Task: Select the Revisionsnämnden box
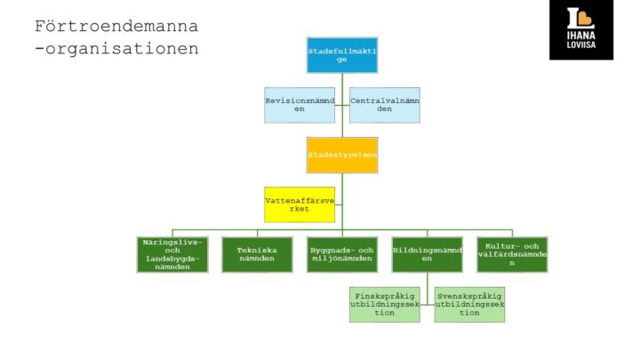point(299,105)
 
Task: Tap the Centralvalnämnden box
point(384,105)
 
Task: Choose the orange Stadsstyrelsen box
point(341,155)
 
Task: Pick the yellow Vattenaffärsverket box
point(299,204)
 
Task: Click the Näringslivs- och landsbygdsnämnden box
point(172,254)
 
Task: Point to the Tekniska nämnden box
point(257,254)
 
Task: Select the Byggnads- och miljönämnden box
point(341,254)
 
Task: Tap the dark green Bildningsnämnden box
point(427,254)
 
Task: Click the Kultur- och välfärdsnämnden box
point(512,254)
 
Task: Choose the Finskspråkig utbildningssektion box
point(384,304)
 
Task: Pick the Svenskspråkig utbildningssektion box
point(469,304)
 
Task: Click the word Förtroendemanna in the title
point(116,25)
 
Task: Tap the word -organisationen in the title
point(116,48)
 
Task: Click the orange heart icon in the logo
point(580,19)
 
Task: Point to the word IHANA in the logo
point(580,37)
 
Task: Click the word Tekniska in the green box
point(257,250)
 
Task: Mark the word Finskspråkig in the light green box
point(384,295)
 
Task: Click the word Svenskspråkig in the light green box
point(469,295)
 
